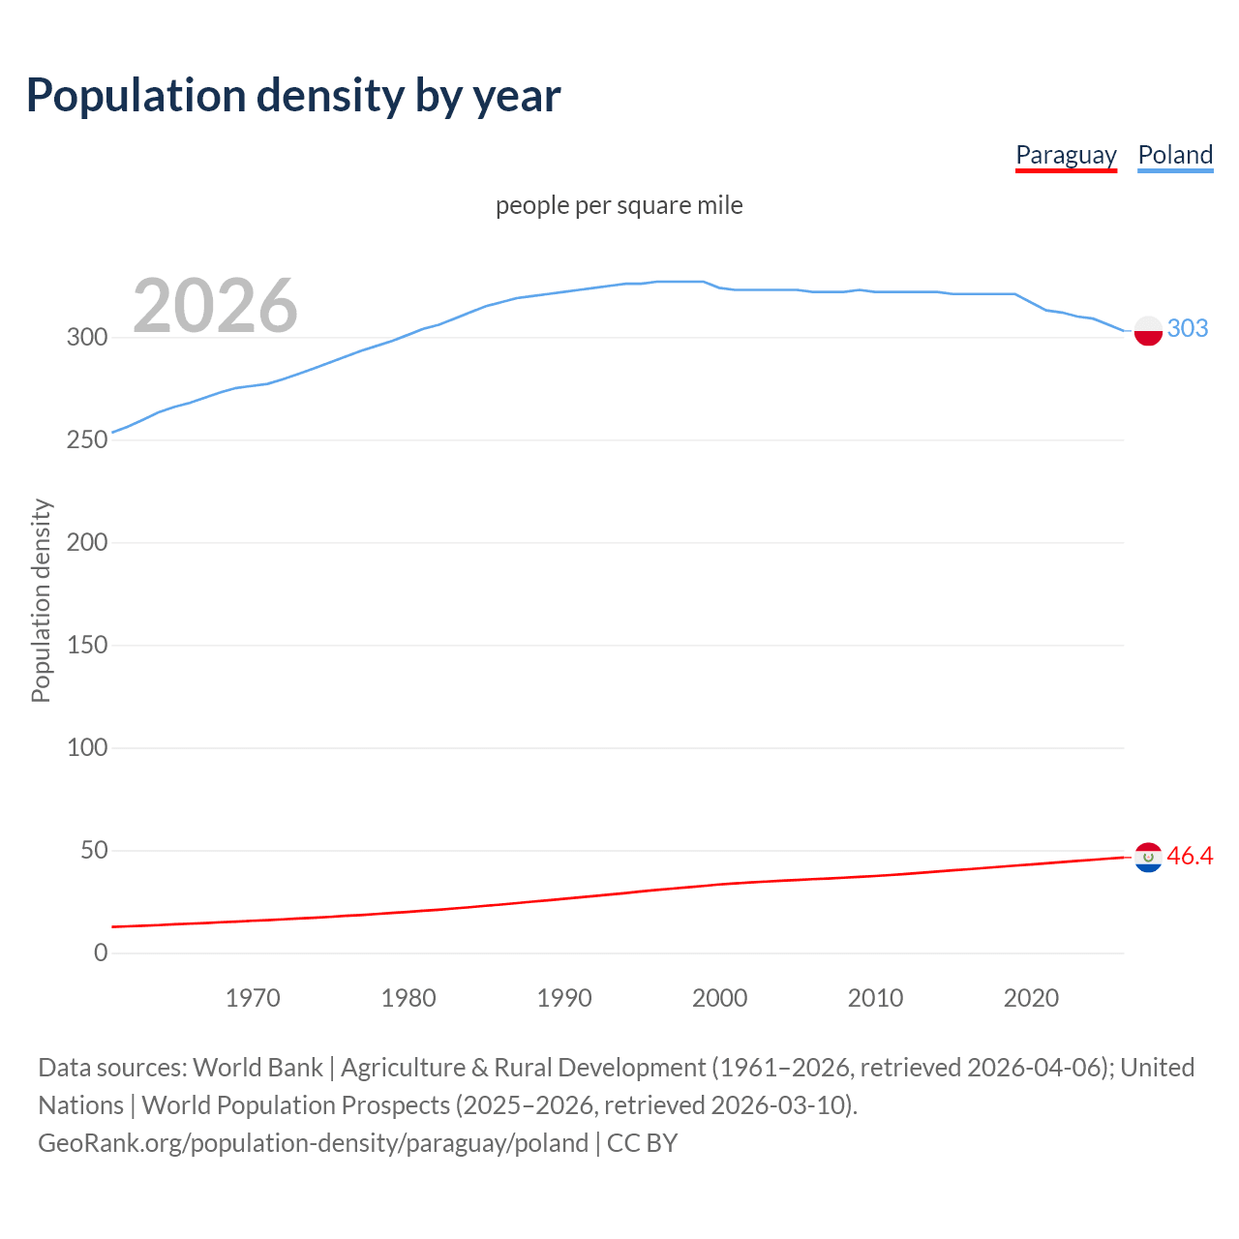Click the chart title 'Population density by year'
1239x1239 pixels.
click(293, 96)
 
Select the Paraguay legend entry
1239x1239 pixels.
click(1066, 155)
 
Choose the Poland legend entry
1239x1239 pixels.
click(1175, 155)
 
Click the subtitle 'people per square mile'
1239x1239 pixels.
click(619, 205)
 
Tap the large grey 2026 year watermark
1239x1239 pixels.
click(215, 306)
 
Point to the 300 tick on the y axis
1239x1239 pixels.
click(86, 338)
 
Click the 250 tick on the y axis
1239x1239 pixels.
click(86, 440)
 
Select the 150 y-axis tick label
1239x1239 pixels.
click(86, 646)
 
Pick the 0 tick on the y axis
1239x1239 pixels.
click(101, 953)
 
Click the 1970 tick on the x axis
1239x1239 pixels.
click(253, 998)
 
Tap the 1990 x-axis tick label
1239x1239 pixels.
click(564, 998)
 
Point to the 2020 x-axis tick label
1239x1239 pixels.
click(1031, 998)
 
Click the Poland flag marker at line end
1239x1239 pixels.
click(1148, 330)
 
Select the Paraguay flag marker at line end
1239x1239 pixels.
click(1148, 858)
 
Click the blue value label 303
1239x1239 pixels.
click(1188, 328)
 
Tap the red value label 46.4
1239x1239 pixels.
click(1190, 856)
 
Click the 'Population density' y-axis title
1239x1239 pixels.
click(41, 600)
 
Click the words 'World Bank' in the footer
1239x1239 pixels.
click(257, 1068)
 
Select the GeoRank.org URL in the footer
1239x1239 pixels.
click(313, 1143)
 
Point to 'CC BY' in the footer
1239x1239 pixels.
click(642, 1143)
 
